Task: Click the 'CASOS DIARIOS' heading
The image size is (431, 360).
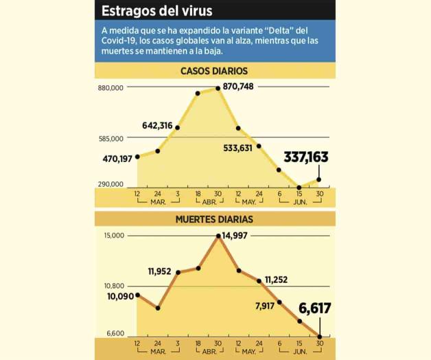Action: tap(214, 71)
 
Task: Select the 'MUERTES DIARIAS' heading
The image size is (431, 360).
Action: tap(214, 219)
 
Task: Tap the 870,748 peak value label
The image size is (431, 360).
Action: tap(239, 86)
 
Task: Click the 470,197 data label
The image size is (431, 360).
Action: tap(117, 159)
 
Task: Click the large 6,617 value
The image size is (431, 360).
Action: tap(315, 308)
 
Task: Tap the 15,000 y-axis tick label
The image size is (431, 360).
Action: tap(113, 236)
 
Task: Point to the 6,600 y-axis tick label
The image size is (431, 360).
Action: tap(114, 334)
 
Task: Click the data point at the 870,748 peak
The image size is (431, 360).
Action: tap(218, 87)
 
